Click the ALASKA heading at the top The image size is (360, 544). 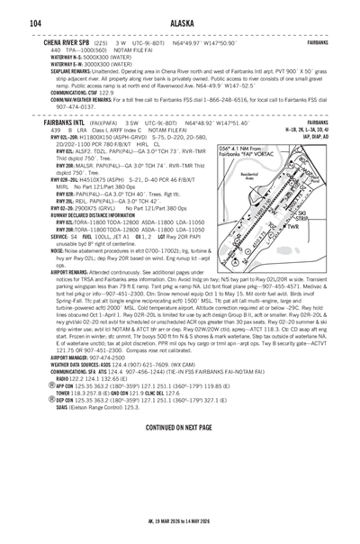[x=180, y=23]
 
